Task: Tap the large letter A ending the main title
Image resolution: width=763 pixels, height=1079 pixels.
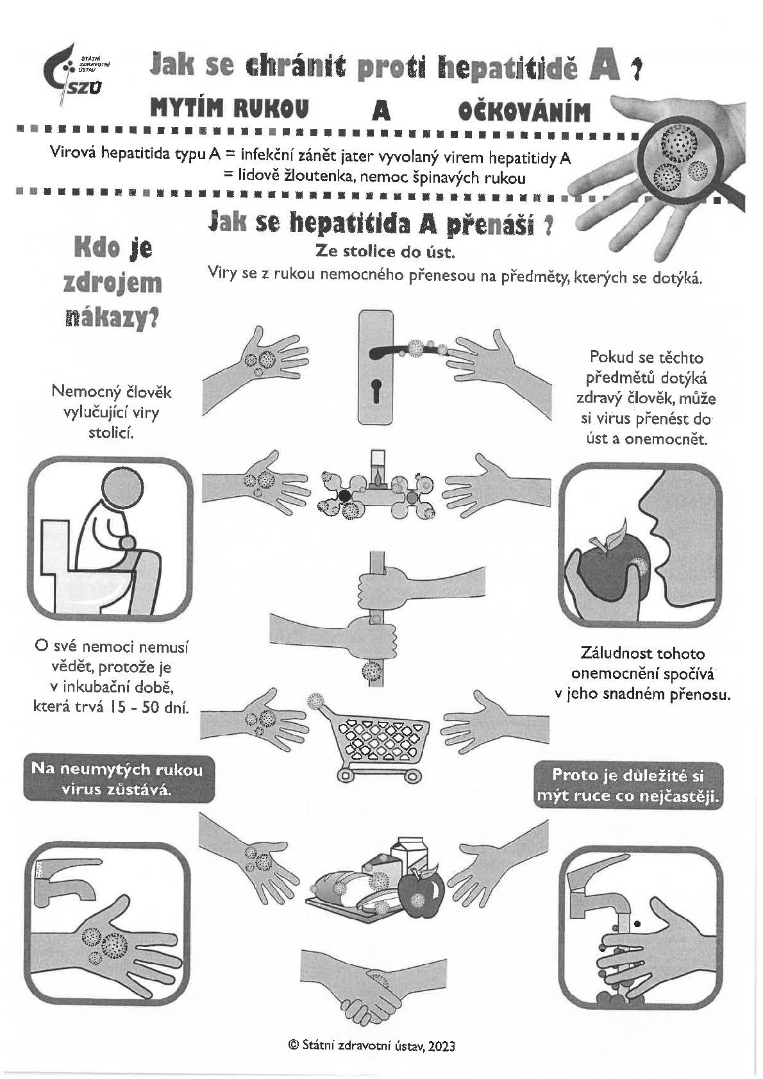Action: (605, 67)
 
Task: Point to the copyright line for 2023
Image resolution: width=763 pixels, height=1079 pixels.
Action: (372, 1045)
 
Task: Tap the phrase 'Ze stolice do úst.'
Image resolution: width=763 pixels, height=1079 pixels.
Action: (385, 251)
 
